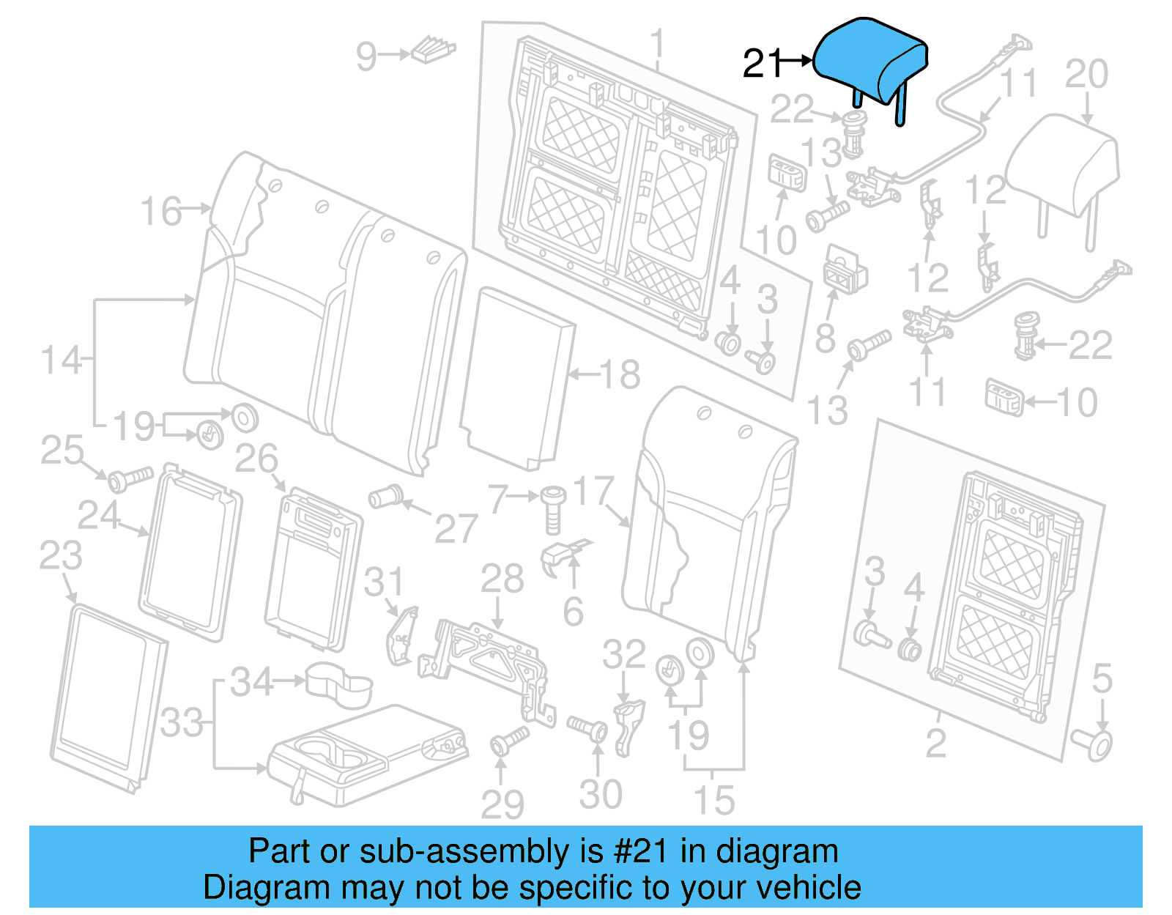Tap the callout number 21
(763, 64)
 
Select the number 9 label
(366, 56)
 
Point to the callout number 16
(161, 211)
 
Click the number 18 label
(620, 374)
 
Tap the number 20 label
(1086, 74)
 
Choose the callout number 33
(182, 722)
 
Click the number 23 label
(61, 555)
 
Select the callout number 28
(502, 579)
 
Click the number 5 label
(1102, 678)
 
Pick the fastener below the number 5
(1093, 743)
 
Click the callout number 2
(935, 743)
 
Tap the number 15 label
(713, 799)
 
